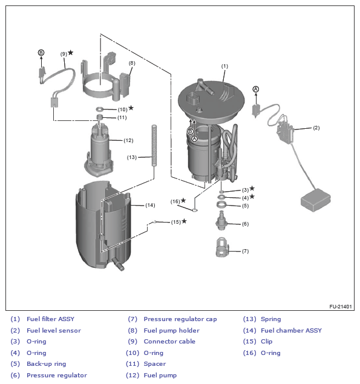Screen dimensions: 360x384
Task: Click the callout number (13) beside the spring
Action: [132, 157]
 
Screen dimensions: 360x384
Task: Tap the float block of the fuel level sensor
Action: [316, 200]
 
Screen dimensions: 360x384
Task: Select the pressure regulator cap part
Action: [222, 247]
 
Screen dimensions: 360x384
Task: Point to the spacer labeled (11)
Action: [99, 117]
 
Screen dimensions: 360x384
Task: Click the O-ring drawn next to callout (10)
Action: [100, 109]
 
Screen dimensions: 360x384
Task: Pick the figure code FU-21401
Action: [341, 307]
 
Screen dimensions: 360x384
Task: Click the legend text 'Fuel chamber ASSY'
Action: [291, 330]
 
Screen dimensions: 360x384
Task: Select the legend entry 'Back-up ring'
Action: [47, 364]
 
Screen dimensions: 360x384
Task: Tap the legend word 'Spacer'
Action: [155, 364]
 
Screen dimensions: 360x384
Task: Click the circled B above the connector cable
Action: [41, 53]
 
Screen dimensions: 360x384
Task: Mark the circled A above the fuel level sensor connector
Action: [255, 89]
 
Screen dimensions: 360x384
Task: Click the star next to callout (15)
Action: [184, 221]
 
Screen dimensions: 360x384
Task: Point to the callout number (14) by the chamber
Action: [150, 205]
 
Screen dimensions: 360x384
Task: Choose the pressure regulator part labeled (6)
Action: [221, 221]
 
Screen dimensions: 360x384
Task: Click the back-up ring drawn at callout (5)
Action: [222, 204]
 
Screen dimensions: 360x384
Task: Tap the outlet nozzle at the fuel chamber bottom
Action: [118, 264]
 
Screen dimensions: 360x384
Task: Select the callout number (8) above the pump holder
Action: [132, 63]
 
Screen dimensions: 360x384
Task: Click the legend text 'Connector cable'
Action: [169, 342]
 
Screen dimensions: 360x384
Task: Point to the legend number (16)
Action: [249, 353]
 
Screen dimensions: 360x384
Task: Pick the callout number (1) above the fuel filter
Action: [224, 66]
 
